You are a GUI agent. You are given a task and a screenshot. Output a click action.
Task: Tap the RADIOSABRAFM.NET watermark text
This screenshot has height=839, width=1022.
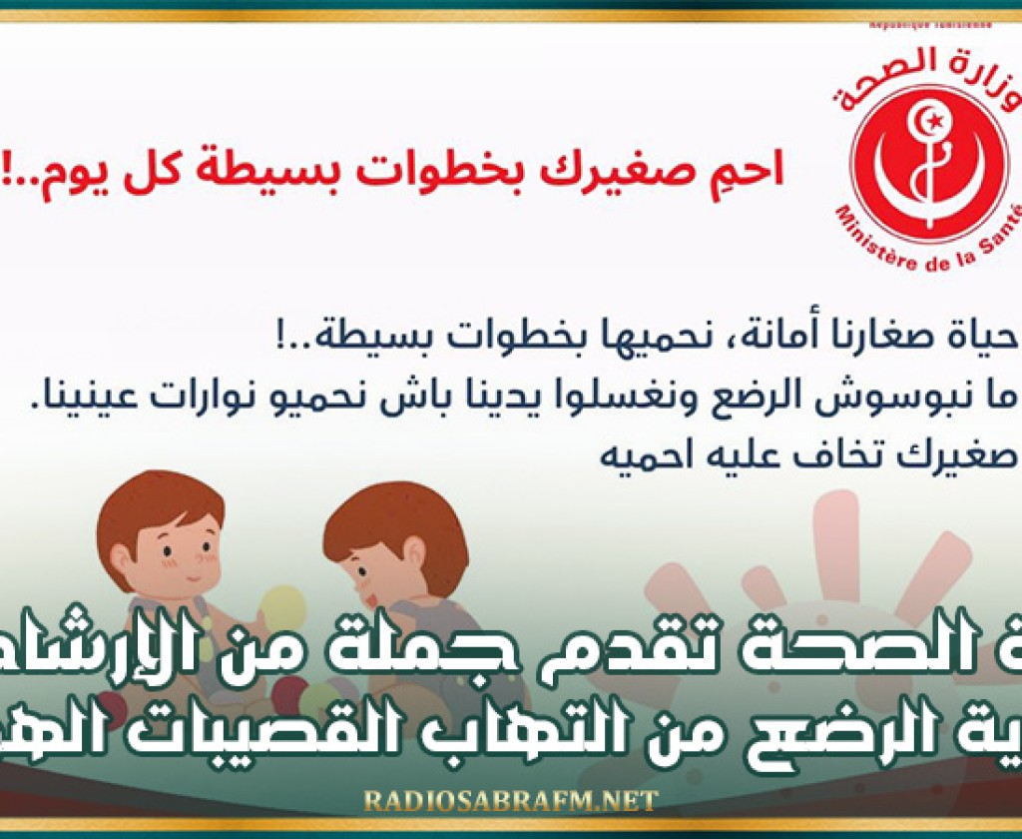pos(511,800)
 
